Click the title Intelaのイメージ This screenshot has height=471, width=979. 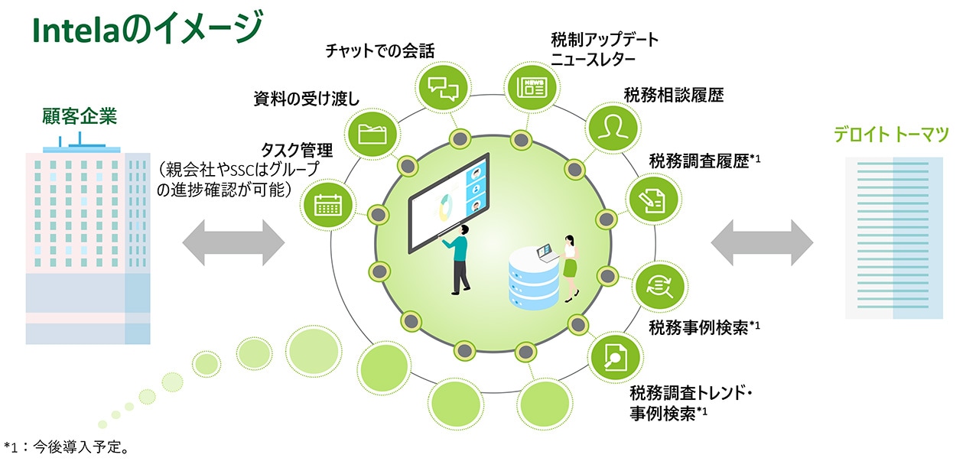(x=146, y=31)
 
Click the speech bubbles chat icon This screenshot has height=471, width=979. (x=443, y=86)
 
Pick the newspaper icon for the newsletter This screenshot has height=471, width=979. (x=531, y=86)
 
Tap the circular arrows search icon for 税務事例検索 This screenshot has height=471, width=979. (x=658, y=286)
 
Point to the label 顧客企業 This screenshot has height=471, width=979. (x=80, y=117)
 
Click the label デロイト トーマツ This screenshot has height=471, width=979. (x=892, y=135)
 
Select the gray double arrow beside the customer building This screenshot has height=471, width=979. (x=233, y=242)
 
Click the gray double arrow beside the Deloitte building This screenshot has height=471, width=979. (x=762, y=242)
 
